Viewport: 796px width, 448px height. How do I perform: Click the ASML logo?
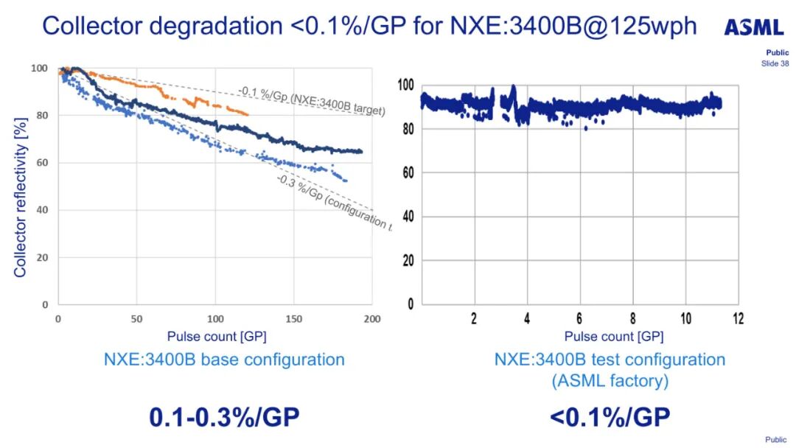point(753,28)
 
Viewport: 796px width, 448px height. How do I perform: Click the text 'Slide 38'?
point(775,63)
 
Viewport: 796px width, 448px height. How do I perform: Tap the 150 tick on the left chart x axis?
point(293,318)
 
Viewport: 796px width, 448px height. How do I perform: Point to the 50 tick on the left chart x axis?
point(136,318)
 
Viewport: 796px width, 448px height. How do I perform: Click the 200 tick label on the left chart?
point(371,318)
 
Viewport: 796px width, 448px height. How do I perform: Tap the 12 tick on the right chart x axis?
point(738,318)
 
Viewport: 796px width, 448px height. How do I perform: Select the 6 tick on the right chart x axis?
point(580,318)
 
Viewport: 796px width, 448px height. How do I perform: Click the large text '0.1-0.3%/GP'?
point(224,417)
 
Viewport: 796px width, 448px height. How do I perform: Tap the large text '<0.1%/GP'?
point(610,417)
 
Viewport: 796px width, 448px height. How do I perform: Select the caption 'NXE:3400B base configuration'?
point(224,360)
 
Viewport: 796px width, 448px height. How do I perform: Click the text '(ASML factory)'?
point(610,380)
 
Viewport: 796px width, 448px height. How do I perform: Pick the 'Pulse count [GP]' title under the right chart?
point(614,337)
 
